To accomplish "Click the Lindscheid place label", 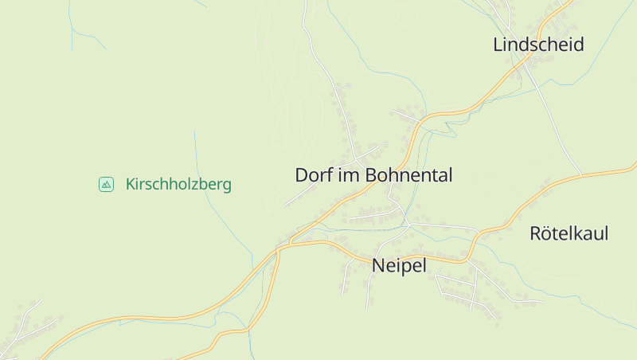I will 538,45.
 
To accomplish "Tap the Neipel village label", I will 399,265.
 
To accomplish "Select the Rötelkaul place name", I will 569,233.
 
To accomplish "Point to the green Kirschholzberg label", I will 178,185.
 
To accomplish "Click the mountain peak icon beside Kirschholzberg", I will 106,184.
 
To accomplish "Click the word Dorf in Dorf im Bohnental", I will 315,175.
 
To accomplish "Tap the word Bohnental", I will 408,175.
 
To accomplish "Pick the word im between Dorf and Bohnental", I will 350,175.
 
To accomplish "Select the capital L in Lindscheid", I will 498,45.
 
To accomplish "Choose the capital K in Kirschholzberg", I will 131,185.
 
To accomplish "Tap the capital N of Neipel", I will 378,265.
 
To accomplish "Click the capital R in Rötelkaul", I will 535,233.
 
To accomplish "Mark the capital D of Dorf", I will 301,175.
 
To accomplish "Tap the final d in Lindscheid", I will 579,45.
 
